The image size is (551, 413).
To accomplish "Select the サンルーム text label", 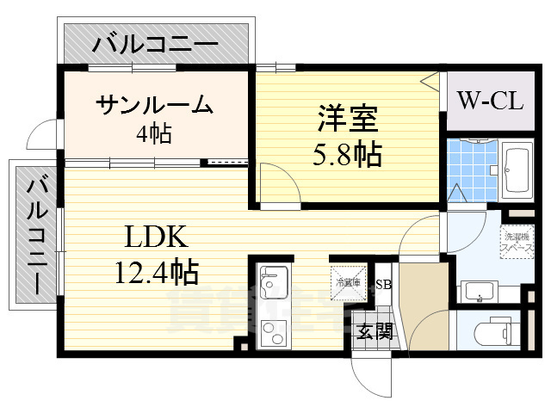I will click(x=154, y=105).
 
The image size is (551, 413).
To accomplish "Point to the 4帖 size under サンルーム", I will click(x=154, y=133).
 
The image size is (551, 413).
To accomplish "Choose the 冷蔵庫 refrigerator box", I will click(x=348, y=281).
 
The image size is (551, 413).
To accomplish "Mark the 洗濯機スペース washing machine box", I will click(x=517, y=241).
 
